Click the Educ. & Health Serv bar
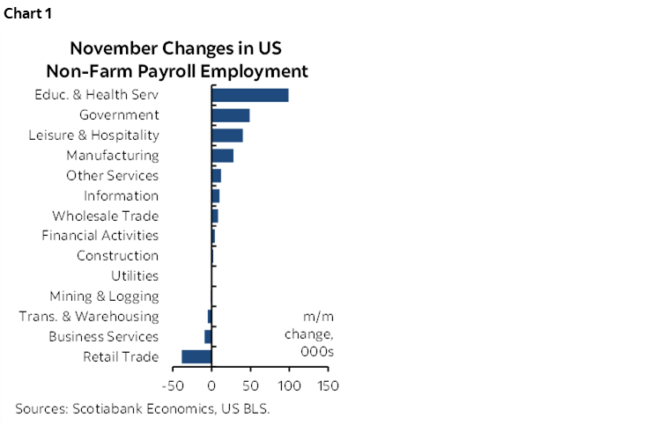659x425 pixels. point(250,95)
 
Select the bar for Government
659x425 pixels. point(231,115)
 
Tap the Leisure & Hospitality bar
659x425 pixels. point(227,136)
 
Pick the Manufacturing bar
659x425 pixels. point(223,156)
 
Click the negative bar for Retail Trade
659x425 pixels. point(196,356)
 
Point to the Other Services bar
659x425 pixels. point(217,176)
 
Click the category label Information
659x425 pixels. point(121,195)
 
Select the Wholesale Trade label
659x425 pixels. point(105,216)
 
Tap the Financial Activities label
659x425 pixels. point(100,236)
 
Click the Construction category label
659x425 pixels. point(117,256)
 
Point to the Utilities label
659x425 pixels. point(135,276)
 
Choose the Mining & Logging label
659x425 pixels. point(104,297)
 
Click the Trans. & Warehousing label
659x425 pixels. point(88,317)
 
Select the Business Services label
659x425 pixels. point(103,337)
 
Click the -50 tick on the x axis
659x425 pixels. point(173,385)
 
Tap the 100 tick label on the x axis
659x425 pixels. point(289,385)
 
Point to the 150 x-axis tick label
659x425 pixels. point(328,385)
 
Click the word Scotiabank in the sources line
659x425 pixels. point(109,408)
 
